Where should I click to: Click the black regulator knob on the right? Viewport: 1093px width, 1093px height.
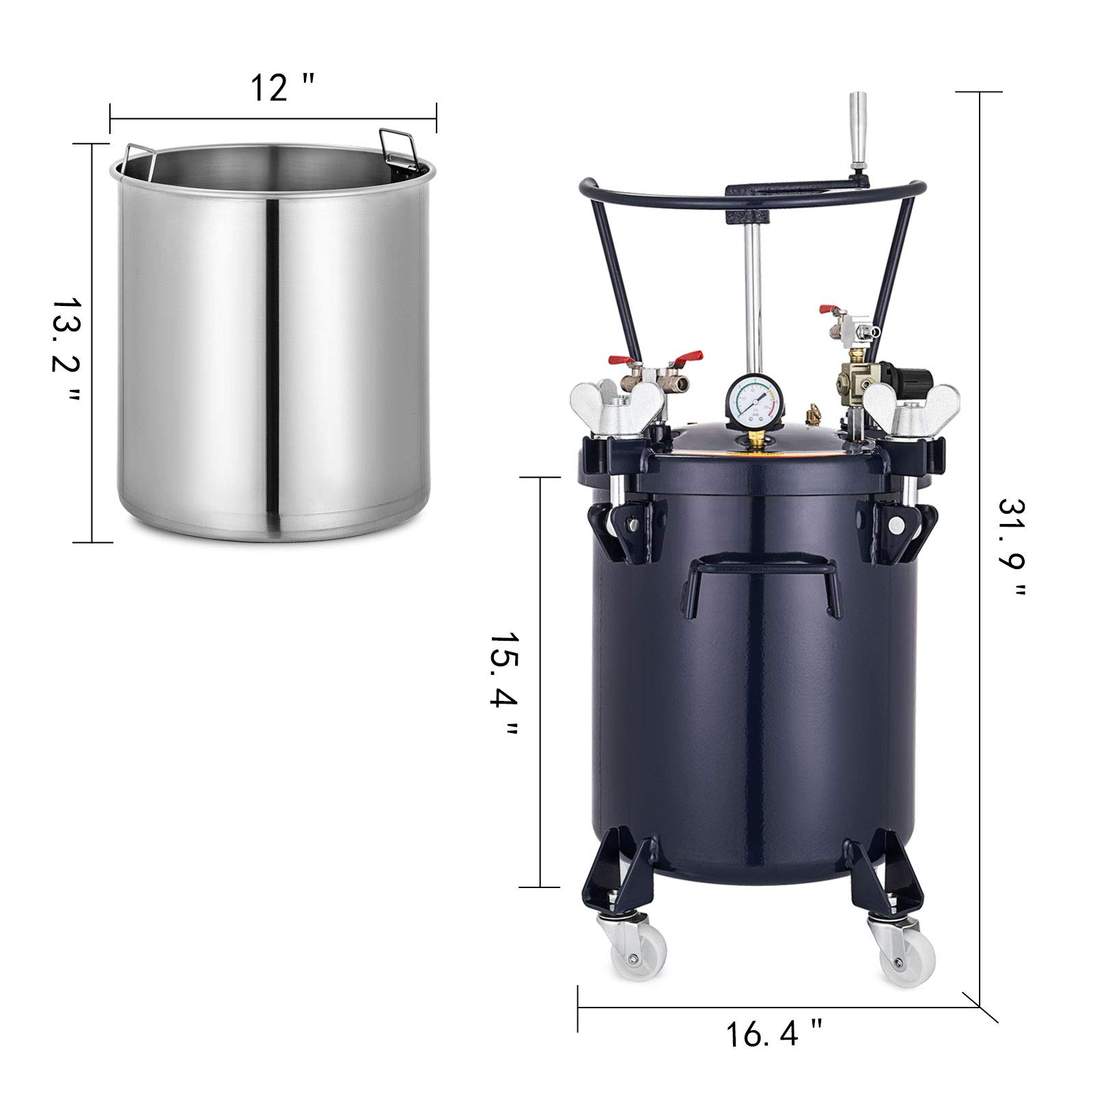[x=916, y=380]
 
